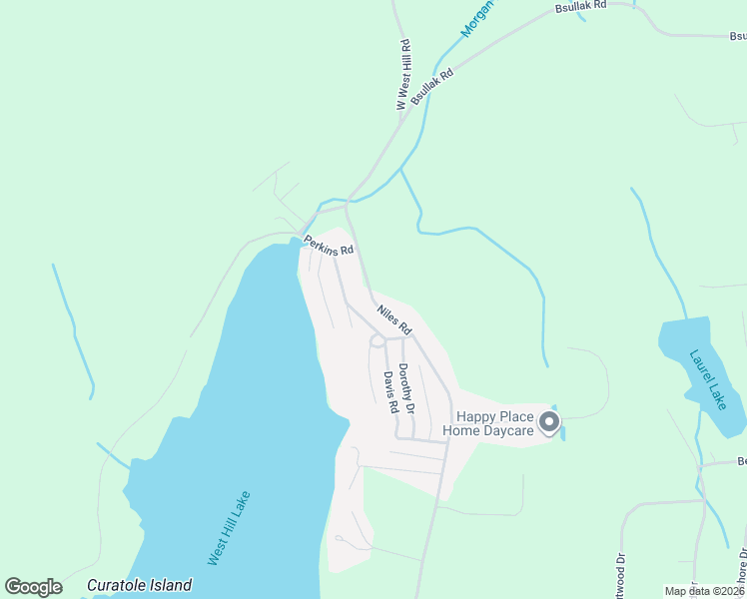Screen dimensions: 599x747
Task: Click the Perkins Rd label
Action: click(x=330, y=245)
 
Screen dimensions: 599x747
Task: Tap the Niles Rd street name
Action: click(x=394, y=319)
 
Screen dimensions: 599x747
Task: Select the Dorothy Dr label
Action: click(x=406, y=388)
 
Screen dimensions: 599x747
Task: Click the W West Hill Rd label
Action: click(x=403, y=76)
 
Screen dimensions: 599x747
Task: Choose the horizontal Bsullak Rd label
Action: click(x=581, y=6)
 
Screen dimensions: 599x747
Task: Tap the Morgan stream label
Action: click(x=478, y=19)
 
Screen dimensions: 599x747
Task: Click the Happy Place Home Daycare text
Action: click(x=494, y=423)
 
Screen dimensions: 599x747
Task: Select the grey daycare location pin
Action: click(x=548, y=423)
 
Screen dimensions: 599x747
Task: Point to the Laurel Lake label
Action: click(x=710, y=380)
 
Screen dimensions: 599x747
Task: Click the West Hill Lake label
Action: click(x=229, y=528)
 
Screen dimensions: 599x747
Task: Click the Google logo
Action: click(x=33, y=587)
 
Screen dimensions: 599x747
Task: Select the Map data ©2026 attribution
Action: click(x=704, y=591)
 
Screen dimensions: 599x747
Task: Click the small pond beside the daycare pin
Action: click(x=562, y=432)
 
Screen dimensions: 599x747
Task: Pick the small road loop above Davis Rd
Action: click(x=377, y=341)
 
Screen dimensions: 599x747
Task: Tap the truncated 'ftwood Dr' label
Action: click(x=620, y=578)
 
